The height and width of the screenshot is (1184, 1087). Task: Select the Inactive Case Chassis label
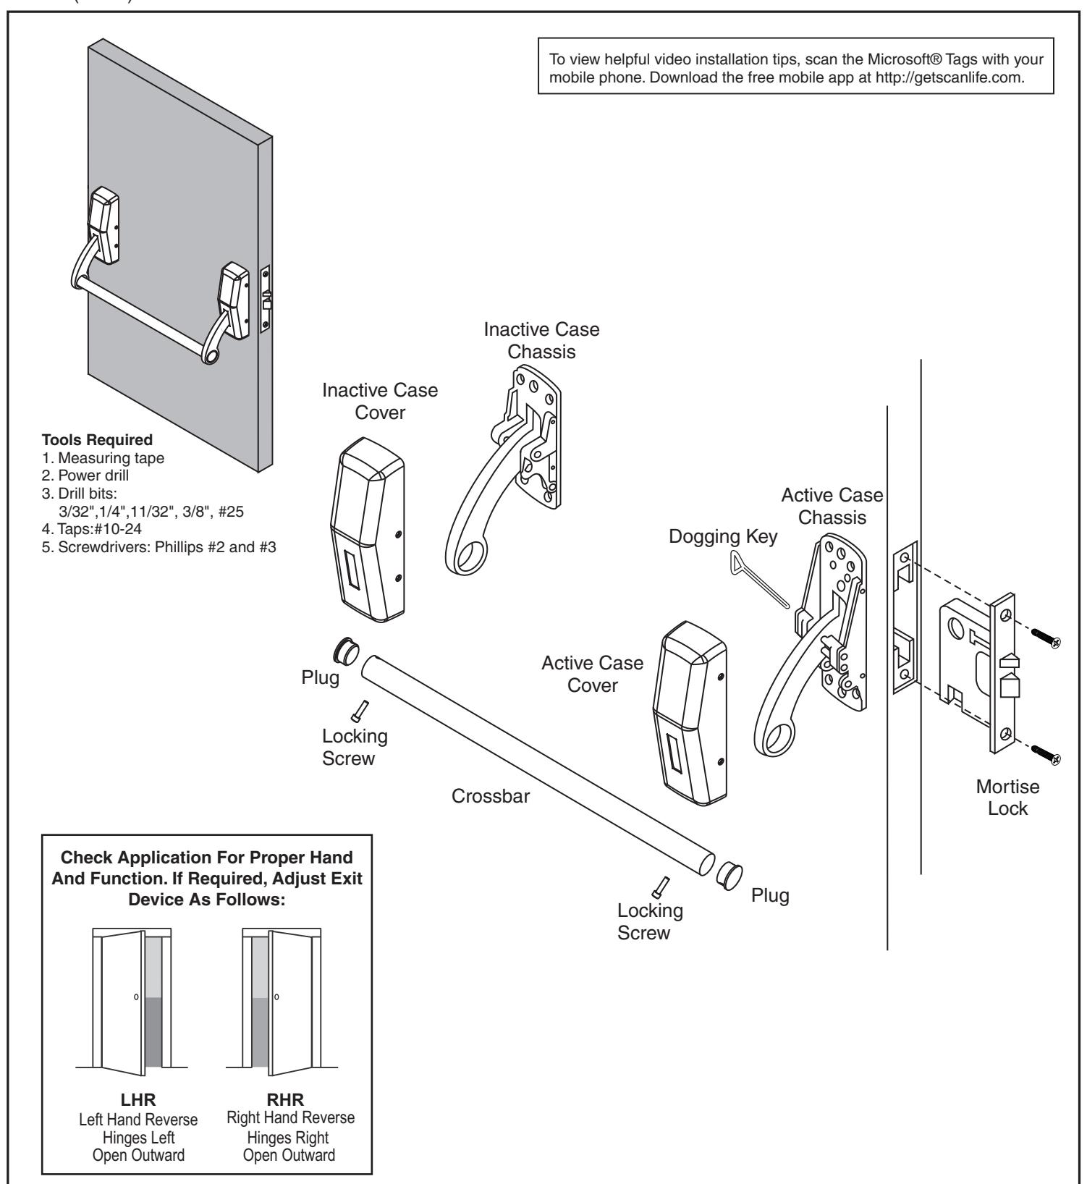(541, 340)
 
